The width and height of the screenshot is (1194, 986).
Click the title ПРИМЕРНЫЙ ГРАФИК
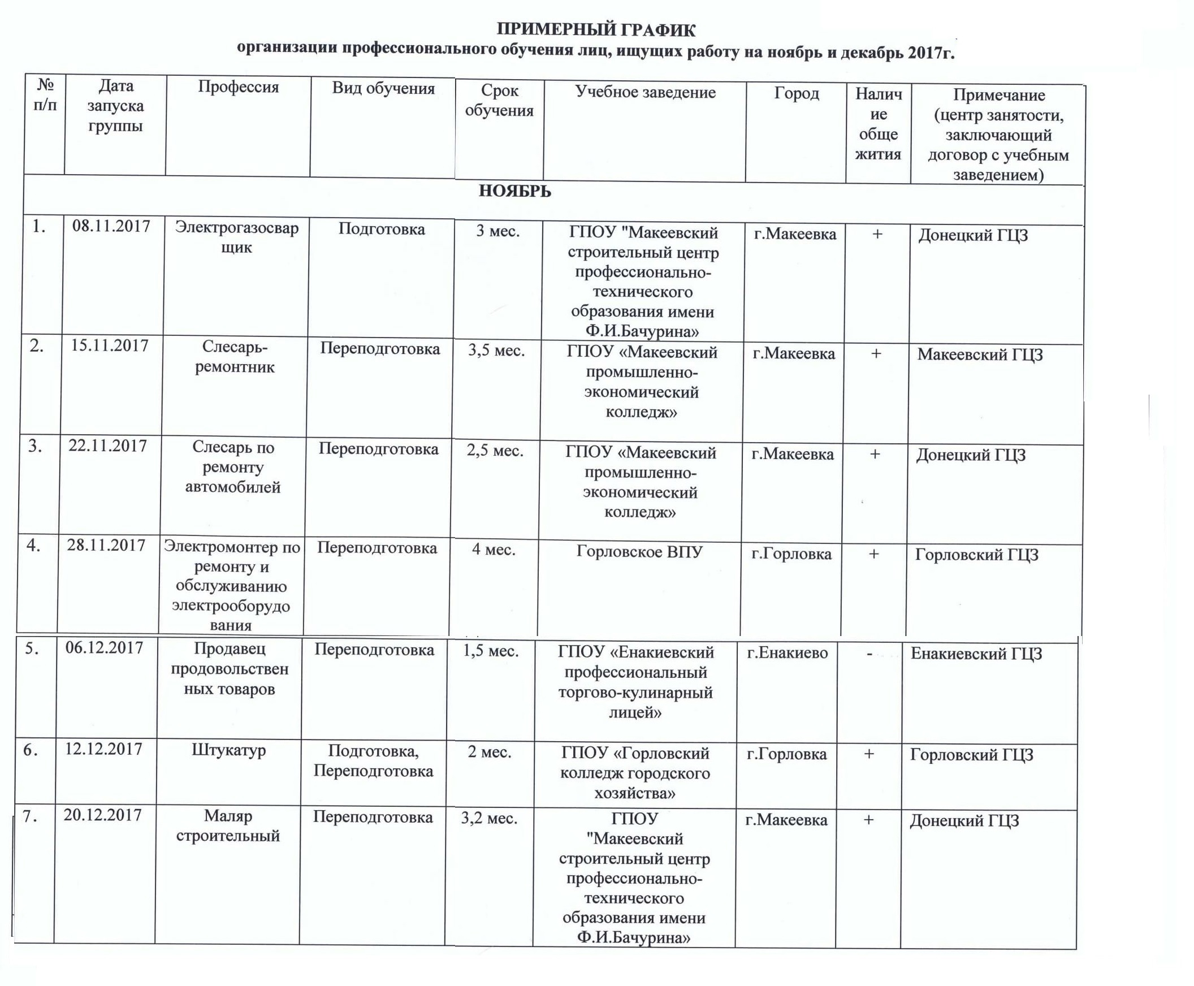pos(596,29)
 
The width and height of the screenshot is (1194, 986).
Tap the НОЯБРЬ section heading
pos(514,191)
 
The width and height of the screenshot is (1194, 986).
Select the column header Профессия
pos(238,87)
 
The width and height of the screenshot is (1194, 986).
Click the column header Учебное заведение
pos(645,92)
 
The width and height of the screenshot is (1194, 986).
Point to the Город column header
pos(797,93)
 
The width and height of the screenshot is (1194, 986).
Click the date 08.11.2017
pos(111,226)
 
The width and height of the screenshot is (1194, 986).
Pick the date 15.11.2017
pos(110,345)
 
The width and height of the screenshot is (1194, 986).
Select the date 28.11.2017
pos(106,545)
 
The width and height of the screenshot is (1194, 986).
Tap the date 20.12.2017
pos(103,815)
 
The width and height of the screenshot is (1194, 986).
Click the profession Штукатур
pos(229,750)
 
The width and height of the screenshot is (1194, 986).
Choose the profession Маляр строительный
pos(228,826)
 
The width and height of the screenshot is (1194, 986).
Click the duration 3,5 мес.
pos(496,351)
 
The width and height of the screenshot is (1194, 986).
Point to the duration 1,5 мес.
pos(491,651)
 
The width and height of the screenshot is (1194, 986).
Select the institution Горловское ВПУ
pos(639,551)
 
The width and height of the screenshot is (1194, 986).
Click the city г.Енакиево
pos(788,653)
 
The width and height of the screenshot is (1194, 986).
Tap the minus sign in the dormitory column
pos(869,654)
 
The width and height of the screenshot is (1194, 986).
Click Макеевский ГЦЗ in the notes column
pos(980,354)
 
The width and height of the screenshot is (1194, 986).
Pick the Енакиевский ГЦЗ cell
pos(976,654)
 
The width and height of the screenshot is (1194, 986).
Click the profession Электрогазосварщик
pos(236,237)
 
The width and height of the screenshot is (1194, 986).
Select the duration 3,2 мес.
pos(489,819)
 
